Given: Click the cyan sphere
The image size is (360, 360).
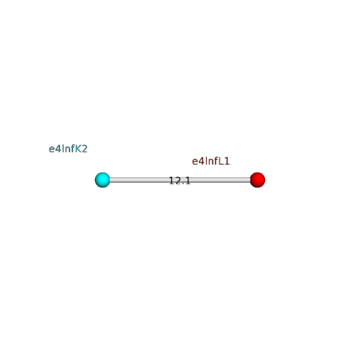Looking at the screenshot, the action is (102, 180).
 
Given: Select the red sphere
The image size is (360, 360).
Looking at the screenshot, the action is (258, 180).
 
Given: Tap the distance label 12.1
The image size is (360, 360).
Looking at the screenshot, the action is (180, 181).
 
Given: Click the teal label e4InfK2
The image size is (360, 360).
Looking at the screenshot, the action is (68, 149).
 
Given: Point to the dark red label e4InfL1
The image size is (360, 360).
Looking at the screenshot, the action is (211, 161).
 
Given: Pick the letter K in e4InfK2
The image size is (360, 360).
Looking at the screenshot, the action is (78, 149).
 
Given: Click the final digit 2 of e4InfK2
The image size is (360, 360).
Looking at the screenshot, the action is (84, 149).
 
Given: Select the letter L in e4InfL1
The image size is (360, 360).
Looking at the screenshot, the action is (220, 161).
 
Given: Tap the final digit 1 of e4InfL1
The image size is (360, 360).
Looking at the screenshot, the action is (227, 161).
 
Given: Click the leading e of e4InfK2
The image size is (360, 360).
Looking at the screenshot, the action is (51, 150).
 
